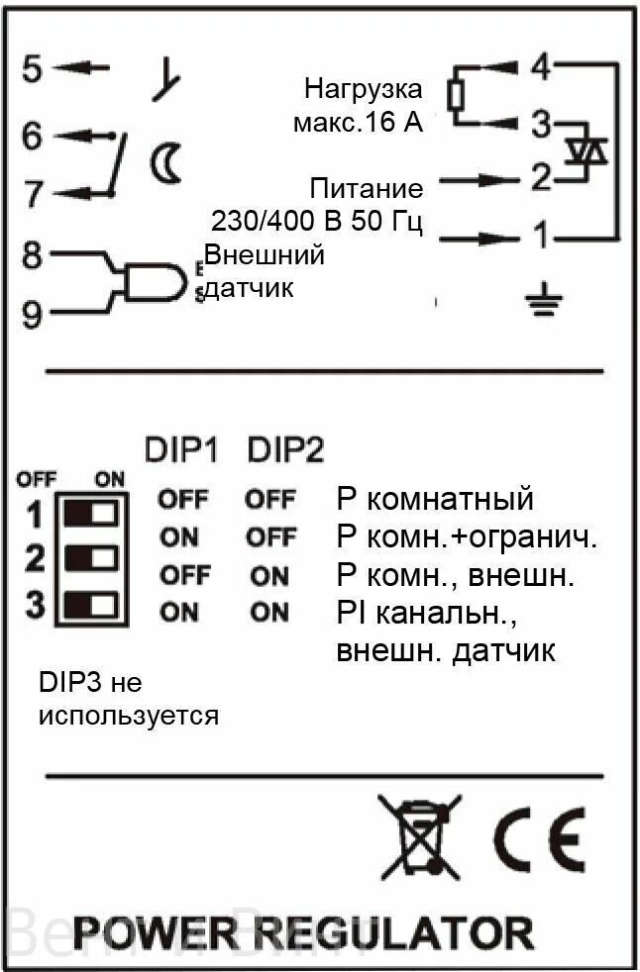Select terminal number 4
540,67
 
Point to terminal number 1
539,237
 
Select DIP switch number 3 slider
90,604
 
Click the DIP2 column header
284,450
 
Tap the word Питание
366,188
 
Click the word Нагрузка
363,89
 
